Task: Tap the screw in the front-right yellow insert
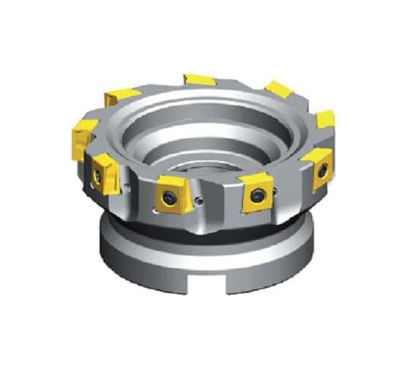point(256,195)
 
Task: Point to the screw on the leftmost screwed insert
point(97,175)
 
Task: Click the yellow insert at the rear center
point(199,79)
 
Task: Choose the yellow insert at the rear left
point(121,95)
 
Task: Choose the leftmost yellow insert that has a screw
point(102,172)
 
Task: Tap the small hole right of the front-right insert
point(278,192)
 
